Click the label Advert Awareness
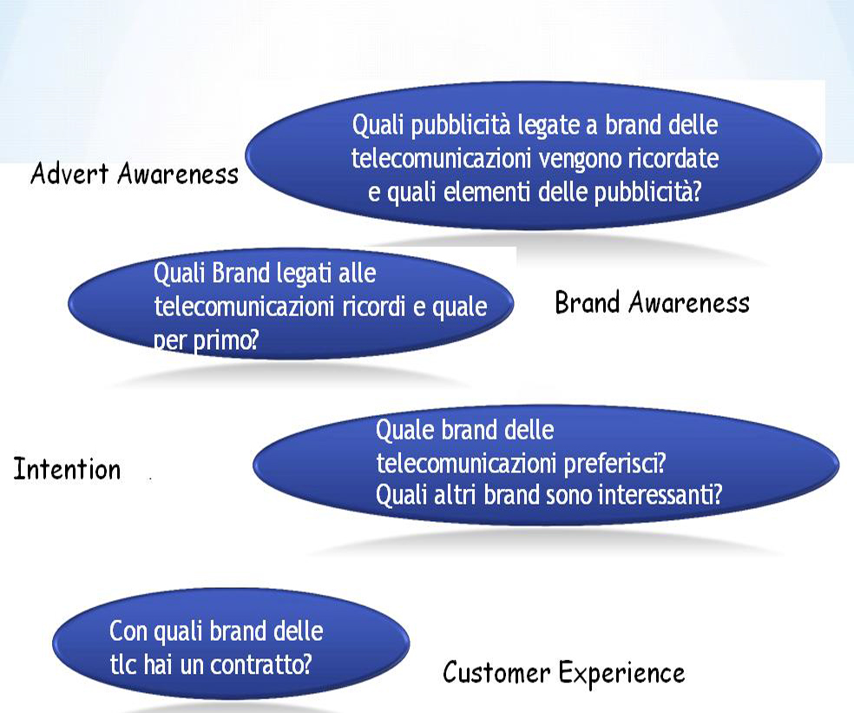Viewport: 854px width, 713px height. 135,174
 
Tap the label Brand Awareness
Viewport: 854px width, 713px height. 652,302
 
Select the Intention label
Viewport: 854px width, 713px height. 67,469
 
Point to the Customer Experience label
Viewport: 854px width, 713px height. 564,673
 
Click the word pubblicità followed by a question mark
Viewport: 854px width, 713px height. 647,193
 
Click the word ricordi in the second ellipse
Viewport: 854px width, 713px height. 375,307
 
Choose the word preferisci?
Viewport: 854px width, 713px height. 614,464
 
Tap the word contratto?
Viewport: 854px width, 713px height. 261,664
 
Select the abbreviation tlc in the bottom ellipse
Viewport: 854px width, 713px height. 123,664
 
